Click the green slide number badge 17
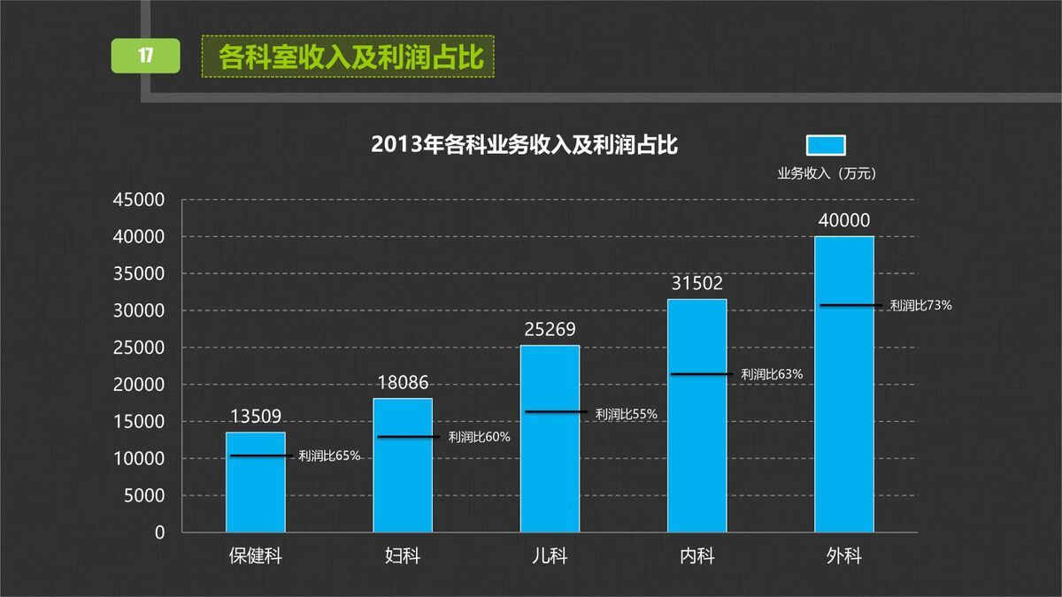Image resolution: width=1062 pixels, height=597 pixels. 146,56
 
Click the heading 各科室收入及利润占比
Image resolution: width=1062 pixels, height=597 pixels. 350,57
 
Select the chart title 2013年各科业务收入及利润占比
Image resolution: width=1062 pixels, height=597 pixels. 524,145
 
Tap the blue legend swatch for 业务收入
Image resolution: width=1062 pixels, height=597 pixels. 826,145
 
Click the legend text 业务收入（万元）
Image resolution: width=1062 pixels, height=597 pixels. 826,174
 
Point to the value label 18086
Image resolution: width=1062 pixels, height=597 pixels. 403,383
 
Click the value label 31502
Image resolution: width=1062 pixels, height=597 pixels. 696,284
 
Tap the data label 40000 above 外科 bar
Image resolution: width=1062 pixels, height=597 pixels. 843,220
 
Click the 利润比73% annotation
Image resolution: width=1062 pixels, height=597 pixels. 920,305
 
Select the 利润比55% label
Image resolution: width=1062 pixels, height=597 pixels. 627,413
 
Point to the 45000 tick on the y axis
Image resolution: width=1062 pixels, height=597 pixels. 139,201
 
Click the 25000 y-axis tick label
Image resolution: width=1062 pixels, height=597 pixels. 139,348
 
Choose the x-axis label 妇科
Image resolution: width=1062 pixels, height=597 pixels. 403,556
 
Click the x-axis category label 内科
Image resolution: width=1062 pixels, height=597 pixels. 696,556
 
